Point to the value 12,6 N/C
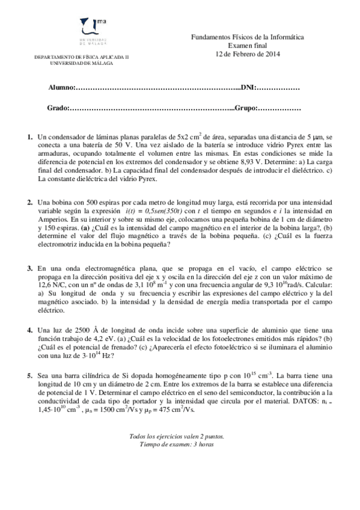coord(52,284)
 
